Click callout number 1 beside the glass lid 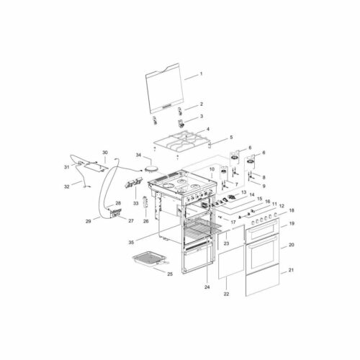tap(201, 73)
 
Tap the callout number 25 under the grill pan tap(170, 274)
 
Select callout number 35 tap(131, 243)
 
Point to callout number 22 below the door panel tap(226, 294)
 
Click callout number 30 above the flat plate tap(105, 153)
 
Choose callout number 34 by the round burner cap tap(138, 155)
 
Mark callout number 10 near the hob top tap(212, 169)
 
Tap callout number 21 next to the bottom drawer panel tap(291, 270)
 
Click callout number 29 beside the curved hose tap(89, 221)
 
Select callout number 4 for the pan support tap(208, 129)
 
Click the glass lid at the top tap(166, 89)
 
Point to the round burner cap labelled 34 tap(151, 169)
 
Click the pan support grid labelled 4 tap(182, 142)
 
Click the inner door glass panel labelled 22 tap(231, 262)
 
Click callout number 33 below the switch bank tap(136, 203)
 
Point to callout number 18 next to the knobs tap(292, 210)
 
